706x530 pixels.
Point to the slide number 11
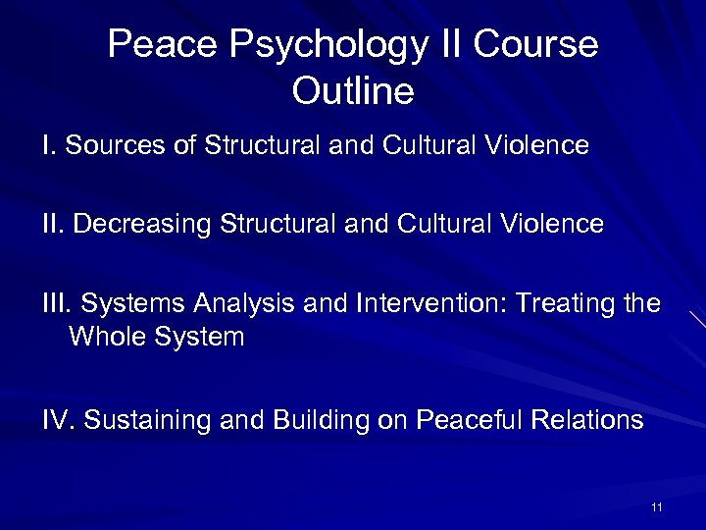coord(656,506)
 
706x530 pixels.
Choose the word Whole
coord(107,337)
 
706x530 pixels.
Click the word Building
coord(316,421)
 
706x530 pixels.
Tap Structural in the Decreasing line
coord(266,224)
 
